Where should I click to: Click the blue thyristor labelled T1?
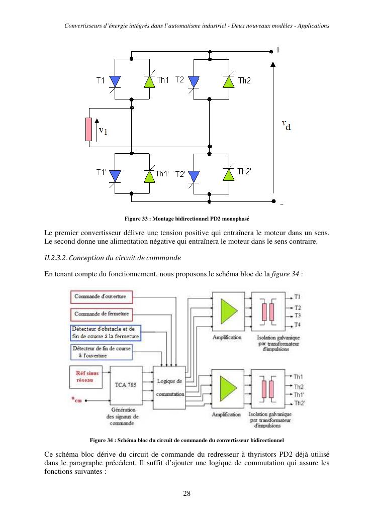point(115,80)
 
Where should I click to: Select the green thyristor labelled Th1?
point(149,80)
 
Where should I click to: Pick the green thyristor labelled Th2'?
point(229,174)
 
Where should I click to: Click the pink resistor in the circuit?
point(88,130)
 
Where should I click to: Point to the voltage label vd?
point(286,125)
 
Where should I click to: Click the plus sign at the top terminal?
point(278,51)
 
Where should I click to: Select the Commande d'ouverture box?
point(102,297)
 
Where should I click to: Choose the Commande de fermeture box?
point(102,314)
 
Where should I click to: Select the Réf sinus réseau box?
point(85,377)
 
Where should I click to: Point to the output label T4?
point(298,325)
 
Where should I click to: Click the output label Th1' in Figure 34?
point(299,395)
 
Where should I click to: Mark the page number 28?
point(186,493)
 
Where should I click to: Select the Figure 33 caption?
point(186,219)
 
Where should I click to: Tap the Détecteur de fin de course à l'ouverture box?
point(102,352)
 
